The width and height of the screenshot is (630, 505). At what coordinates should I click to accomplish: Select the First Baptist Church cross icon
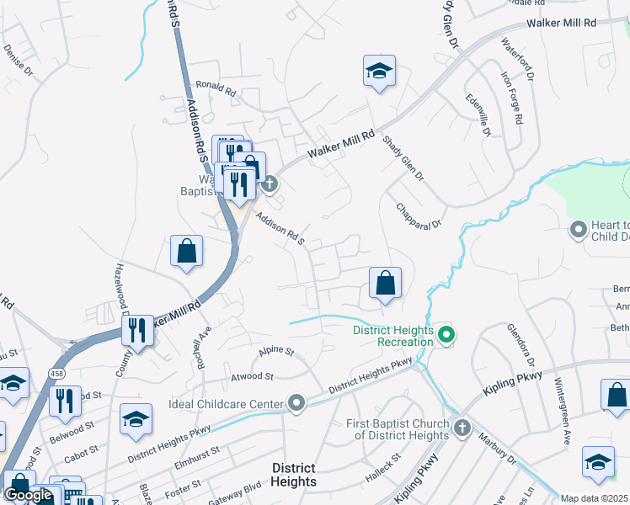(x=461, y=428)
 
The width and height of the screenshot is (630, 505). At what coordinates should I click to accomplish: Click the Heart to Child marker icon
(x=578, y=229)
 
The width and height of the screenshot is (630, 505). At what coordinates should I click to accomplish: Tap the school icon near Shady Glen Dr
(x=379, y=72)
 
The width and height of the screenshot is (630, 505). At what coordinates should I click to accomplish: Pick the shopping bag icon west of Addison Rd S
(x=186, y=251)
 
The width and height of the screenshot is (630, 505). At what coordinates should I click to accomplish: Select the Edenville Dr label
(x=478, y=115)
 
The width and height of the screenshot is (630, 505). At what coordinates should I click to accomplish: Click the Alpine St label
(x=275, y=349)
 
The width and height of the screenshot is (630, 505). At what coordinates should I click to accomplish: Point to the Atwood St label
(x=259, y=376)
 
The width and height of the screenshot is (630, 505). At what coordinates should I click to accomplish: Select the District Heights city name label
(x=294, y=475)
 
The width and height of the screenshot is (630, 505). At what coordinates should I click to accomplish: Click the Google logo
(x=29, y=496)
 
